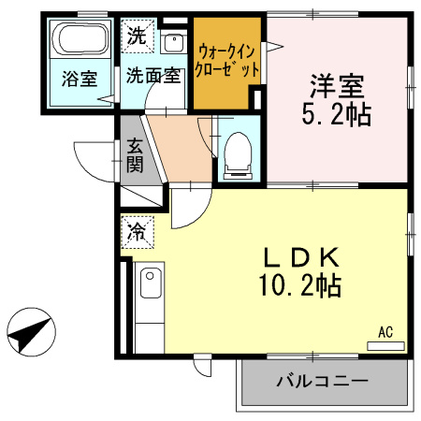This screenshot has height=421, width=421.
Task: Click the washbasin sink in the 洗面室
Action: (173, 42)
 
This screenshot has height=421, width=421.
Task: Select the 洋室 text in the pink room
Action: (338, 85)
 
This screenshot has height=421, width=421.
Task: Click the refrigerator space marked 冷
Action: (136, 231)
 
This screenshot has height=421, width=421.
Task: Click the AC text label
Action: (385, 331)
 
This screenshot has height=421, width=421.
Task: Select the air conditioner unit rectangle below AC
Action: (385, 345)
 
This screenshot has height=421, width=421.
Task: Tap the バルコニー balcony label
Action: (321, 381)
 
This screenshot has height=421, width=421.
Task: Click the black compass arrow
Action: (27, 332)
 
